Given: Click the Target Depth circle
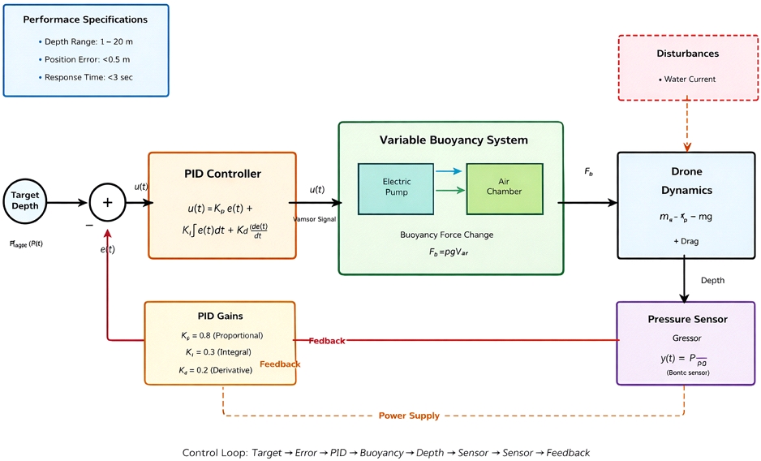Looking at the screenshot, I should pos(25,201).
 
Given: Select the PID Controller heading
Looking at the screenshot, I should pos(222,174).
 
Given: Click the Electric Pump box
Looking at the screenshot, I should pos(397,187).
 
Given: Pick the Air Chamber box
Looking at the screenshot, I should pos(504,187).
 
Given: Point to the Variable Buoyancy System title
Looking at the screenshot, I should pos(454,140).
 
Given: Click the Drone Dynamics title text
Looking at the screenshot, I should pos(686,181).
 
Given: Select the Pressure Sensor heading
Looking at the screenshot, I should pos(686,319).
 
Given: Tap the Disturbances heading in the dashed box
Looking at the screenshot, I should pos(687,54).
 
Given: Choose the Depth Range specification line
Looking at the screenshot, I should pos(86,41).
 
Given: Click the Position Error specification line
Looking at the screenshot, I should pos(86,59).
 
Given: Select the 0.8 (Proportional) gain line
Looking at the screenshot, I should pos(221,335).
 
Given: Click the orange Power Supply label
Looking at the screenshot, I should pos(409,416).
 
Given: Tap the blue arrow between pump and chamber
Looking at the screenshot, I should pos(449,171).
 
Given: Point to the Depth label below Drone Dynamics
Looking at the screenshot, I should pos(712,281).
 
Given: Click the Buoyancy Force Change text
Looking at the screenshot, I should pos(446,235).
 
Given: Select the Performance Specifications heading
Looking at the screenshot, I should pos(85,19).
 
